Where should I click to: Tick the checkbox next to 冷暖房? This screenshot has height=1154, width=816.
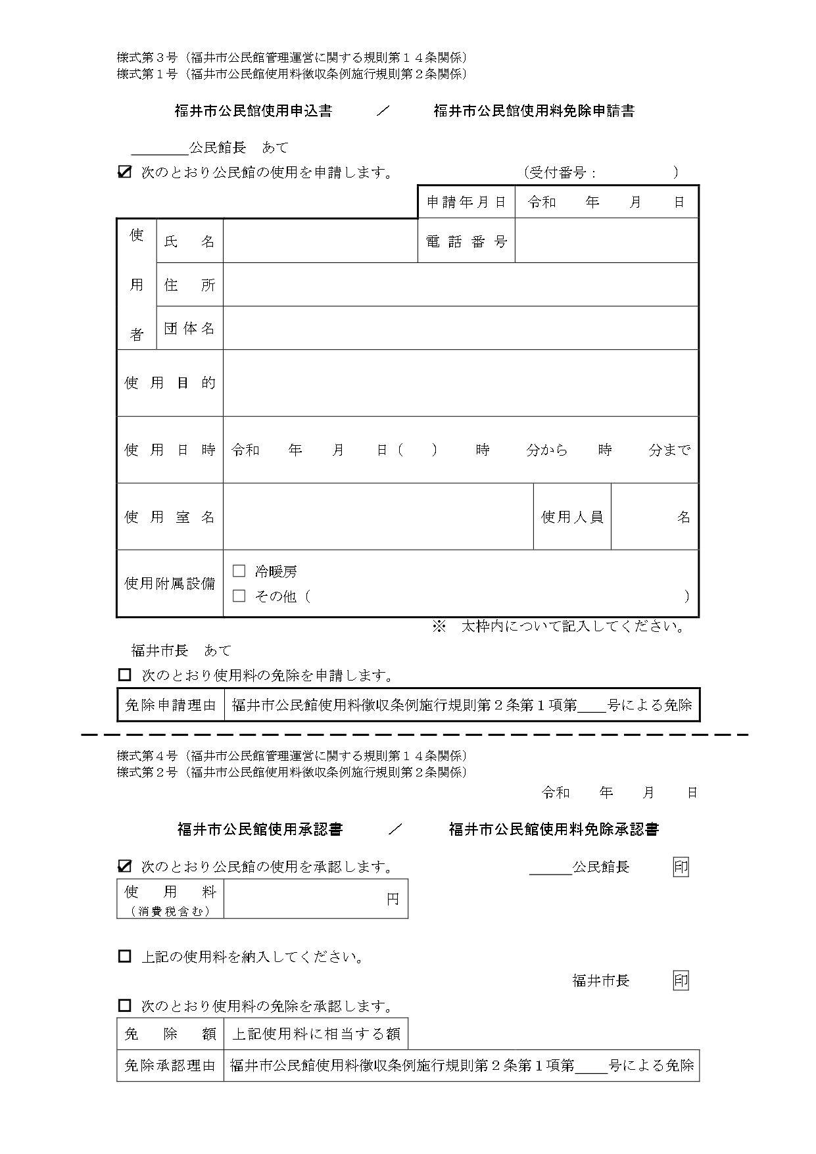239,571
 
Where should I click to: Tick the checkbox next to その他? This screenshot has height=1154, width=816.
239,596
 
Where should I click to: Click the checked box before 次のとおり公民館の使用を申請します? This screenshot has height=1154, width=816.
124,172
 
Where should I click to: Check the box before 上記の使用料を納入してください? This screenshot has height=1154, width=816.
124,956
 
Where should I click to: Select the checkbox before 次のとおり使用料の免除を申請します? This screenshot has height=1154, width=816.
124,675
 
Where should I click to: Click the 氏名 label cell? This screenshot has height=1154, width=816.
189,241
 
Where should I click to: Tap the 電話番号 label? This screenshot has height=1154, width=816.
466,241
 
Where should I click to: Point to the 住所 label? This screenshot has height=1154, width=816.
189,285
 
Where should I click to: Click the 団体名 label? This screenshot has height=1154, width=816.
189,328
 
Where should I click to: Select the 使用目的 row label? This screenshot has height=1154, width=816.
170,383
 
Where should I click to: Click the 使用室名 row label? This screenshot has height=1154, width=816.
170,517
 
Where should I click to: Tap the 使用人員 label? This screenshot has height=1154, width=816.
572,517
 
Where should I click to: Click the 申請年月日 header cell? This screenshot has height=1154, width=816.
466,202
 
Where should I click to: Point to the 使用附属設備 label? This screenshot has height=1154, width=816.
170,583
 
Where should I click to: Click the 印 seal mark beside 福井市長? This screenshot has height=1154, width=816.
681,980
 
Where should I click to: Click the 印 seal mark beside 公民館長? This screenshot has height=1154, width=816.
681,867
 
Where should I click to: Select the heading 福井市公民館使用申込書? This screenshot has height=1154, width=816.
253,111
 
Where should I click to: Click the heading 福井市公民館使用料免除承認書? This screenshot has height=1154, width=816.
554,829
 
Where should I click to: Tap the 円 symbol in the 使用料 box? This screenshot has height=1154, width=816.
393,899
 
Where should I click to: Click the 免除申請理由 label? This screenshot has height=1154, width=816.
170,706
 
